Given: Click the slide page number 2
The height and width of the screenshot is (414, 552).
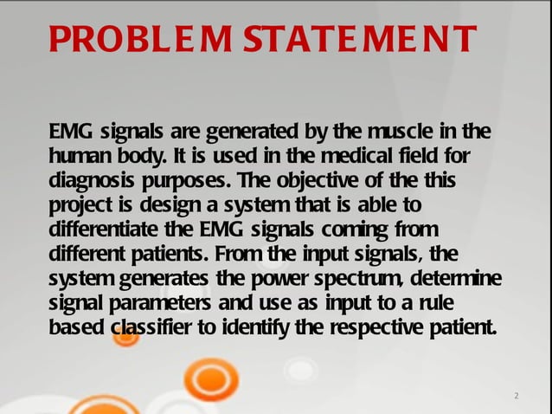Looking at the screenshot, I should tap(516, 397).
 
